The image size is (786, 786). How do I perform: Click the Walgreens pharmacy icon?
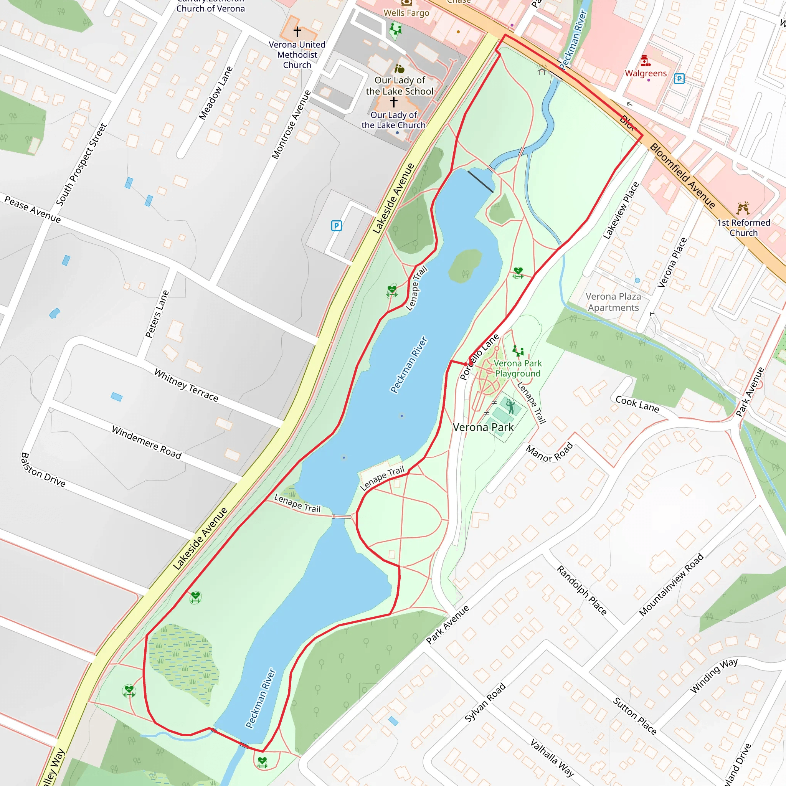[645, 61]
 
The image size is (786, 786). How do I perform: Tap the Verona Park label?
[483, 427]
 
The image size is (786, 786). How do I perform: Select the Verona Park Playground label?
[517, 368]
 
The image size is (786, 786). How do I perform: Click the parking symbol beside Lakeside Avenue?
[336, 225]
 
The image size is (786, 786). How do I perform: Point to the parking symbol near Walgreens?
[679, 79]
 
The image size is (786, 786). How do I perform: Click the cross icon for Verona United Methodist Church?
[297, 31]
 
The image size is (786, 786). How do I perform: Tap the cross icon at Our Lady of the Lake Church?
[393, 101]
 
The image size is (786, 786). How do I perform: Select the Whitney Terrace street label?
[186, 385]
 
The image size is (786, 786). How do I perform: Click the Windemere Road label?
[147, 443]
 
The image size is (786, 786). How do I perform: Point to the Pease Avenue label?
[33, 209]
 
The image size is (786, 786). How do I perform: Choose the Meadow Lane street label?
[216, 93]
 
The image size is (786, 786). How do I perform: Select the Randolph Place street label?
[581, 590]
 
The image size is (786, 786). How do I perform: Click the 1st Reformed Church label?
[743, 228]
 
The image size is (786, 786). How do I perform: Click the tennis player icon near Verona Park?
[510, 406]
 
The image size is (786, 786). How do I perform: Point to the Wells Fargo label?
[406, 13]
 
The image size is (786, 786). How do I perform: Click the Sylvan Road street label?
[485, 703]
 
